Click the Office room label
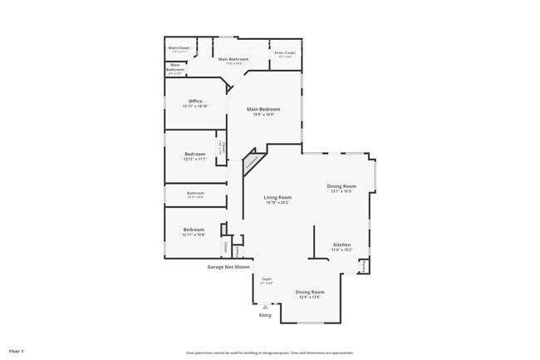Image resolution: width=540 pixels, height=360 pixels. click(x=195, y=101)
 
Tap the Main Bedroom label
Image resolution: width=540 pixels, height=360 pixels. click(x=263, y=110)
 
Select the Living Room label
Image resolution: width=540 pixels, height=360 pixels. click(x=277, y=197)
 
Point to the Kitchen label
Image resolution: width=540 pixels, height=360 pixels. click(x=341, y=244)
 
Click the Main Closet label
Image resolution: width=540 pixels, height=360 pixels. click(x=179, y=48)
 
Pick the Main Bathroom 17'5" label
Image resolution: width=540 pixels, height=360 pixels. click(x=233, y=59)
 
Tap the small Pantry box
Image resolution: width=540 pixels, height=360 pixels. click(x=364, y=266)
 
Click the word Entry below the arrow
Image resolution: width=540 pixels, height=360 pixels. click(x=265, y=315)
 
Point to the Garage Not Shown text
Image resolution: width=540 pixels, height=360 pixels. click(x=234, y=267)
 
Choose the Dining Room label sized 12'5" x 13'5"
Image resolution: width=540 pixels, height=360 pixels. click(x=310, y=292)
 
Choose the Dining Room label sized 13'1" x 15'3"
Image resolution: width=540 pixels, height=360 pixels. click(x=342, y=186)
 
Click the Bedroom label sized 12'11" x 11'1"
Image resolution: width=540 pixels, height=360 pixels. click(x=194, y=154)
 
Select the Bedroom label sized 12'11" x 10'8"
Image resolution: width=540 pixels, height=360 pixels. click(x=194, y=229)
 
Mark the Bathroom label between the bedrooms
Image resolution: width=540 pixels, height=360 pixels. click(x=195, y=193)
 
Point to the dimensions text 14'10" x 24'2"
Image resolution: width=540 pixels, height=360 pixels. click(x=277, y=203)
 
